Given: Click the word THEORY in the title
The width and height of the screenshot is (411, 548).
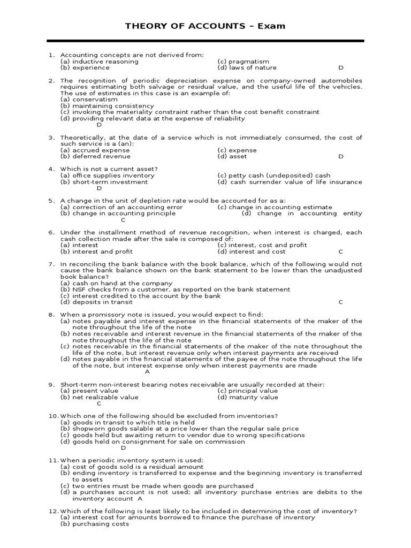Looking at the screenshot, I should (x=141, y=26).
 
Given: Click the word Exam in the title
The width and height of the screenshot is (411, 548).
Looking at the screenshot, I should (x=273, y=26).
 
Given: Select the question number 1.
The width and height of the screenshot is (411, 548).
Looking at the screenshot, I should (x=51, y=55).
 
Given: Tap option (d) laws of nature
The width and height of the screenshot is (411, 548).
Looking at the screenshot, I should (x=247, y=68).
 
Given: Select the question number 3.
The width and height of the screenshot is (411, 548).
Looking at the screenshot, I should (x=51, y=138).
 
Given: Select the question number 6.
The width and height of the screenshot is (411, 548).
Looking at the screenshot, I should (x=51, y=232).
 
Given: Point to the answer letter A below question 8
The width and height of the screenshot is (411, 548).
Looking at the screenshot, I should (x=147, y=372).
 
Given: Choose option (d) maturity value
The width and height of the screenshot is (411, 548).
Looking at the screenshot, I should (x=248, y=397).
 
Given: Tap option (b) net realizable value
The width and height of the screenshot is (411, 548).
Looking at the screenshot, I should (x=99, y=397).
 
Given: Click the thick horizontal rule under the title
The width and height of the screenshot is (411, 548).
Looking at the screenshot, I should (x=205, y=41).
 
